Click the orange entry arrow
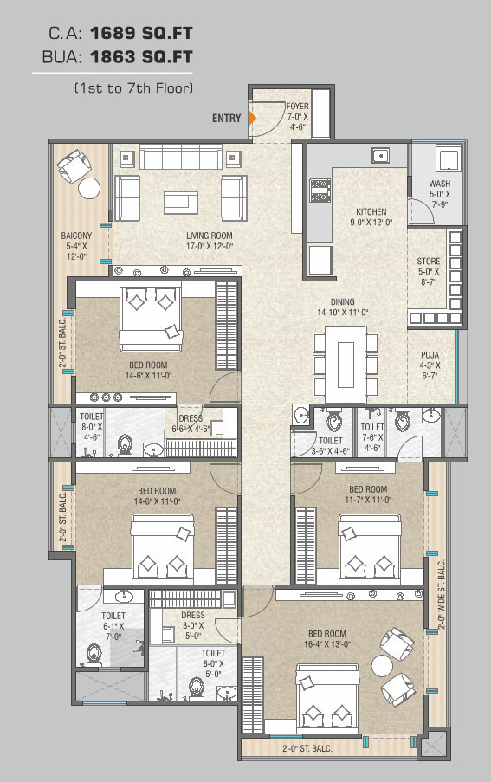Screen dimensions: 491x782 click(252, 118)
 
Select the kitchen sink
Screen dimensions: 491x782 click(381, 156)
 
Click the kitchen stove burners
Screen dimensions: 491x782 click(320, 191)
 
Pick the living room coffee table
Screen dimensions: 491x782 click(181, 203)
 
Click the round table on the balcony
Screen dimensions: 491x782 click(89, 188)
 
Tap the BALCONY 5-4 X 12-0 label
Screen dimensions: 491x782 click(76, 246)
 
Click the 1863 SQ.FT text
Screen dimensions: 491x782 click(141, 57)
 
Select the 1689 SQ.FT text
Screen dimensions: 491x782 click(141, 33)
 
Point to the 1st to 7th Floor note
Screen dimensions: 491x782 click(133, 88)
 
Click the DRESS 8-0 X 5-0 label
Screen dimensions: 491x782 click(193, 625)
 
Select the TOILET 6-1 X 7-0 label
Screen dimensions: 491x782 click(113, 626)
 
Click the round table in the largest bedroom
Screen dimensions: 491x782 click(383, 665)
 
